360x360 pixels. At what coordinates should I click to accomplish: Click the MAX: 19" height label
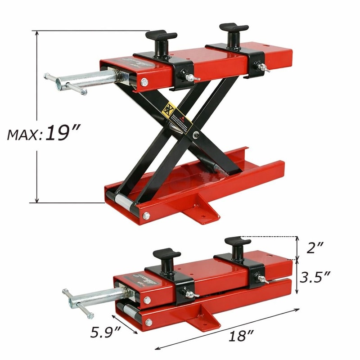tap(43, 134)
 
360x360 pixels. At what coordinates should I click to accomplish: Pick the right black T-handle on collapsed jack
tap(237, 246)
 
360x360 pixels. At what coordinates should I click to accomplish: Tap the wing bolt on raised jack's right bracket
tap(262, 67)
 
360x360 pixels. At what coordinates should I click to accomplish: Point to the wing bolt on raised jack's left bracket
tap(191, 78)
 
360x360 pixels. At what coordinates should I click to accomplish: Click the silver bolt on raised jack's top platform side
tap(144, 82)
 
